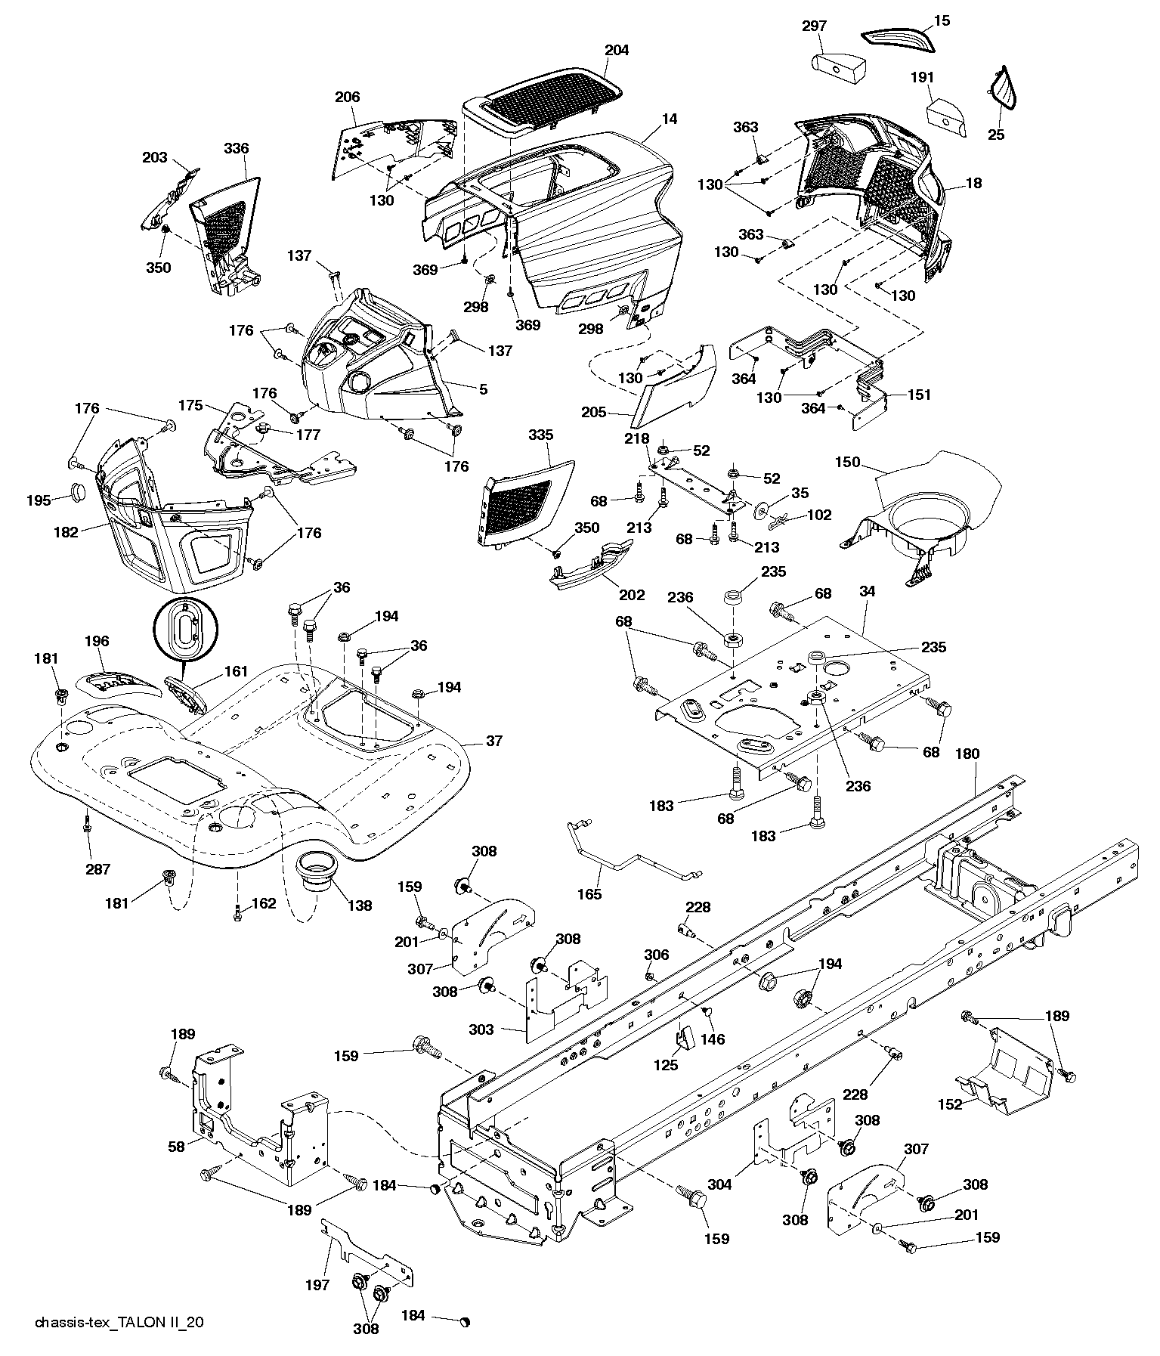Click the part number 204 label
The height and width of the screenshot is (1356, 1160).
(x=617, y=51)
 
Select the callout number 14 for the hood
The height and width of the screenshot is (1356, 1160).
(x=670, y=119)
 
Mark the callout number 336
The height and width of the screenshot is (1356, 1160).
(x=236, y=149)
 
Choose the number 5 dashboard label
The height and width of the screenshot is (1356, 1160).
(x=483, y=390)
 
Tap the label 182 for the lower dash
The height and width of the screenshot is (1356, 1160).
(x=66, y=532)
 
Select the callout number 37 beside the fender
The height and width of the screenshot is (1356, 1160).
(x=493, y=741)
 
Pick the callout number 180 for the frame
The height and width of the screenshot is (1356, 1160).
(x=967, y=754)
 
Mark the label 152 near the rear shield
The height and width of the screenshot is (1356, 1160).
(x=950, y=1104)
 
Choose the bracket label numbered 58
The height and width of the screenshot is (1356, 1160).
(x=176, y=1147)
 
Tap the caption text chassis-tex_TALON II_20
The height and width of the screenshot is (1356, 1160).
(x=119, y=1323)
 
